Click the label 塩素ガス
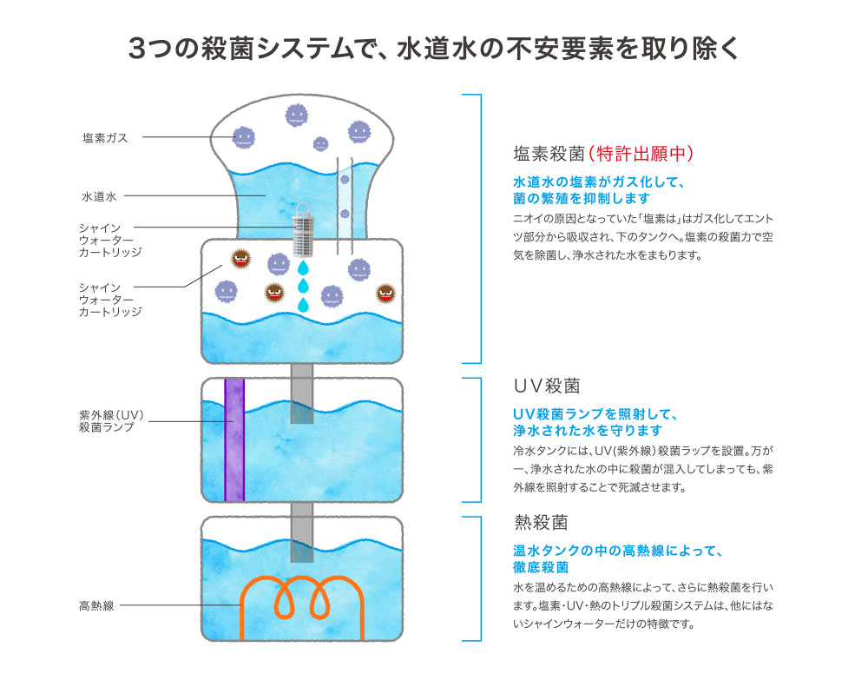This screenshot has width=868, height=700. point(105,138)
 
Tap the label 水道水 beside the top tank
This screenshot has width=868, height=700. point(99,196)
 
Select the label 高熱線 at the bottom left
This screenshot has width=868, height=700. point(96,606)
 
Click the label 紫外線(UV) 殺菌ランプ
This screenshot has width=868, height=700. point(111,421)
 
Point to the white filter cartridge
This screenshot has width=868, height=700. point(302,230)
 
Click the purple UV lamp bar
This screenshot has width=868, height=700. point(234,439)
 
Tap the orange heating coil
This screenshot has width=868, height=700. point(302,606)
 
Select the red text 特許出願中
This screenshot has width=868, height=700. point(641,154)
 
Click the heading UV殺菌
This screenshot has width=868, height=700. point(547,386)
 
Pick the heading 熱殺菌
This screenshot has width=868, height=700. point(541,522)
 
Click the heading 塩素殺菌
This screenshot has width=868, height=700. point(549,154)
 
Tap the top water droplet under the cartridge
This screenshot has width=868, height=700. point(303,268)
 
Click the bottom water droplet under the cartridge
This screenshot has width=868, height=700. point(303,305)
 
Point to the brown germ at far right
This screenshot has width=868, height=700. point(386,293)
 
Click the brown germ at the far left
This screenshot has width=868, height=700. point(240,258)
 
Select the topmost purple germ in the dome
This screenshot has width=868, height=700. point(296,116)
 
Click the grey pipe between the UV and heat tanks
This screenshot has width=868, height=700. point(302,532)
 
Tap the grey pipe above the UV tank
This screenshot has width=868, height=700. point(302,393)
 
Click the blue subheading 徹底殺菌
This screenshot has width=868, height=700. point(541,567)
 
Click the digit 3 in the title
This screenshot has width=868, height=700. point(136,49)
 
